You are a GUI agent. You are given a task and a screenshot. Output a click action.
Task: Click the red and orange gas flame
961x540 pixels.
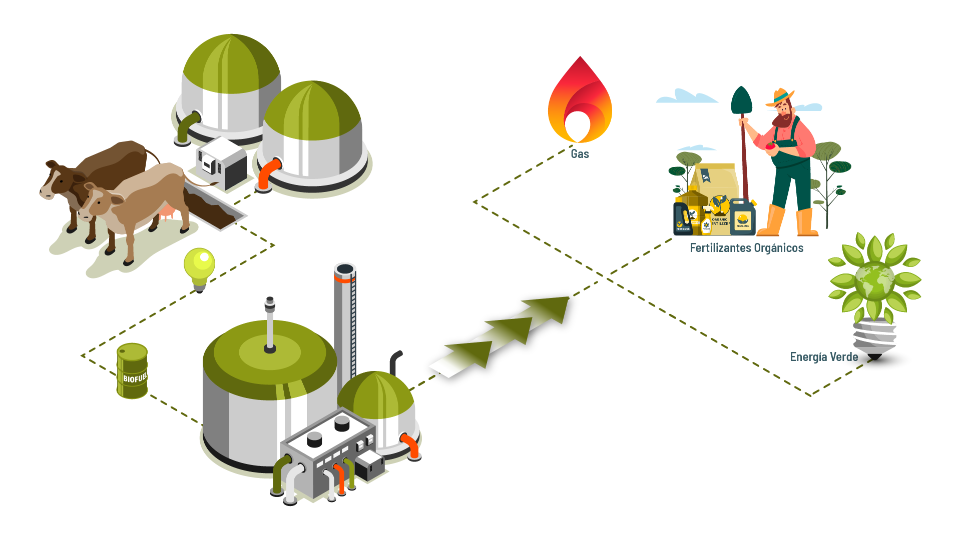[x=580, y=102]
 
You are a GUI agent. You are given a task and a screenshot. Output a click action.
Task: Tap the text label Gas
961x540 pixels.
[x=580, y=154]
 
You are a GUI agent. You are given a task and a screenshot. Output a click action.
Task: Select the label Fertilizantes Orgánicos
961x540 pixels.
[x=746, y=248]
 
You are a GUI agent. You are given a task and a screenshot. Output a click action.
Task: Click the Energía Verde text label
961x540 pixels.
[x=823, y=357]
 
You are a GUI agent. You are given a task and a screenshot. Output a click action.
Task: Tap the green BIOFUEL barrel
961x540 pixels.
[x=132, y=370]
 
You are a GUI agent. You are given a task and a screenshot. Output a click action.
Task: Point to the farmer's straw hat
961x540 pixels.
[x=779, y=96]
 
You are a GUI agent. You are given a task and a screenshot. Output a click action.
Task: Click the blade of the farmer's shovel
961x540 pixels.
[x=741, y=100]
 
